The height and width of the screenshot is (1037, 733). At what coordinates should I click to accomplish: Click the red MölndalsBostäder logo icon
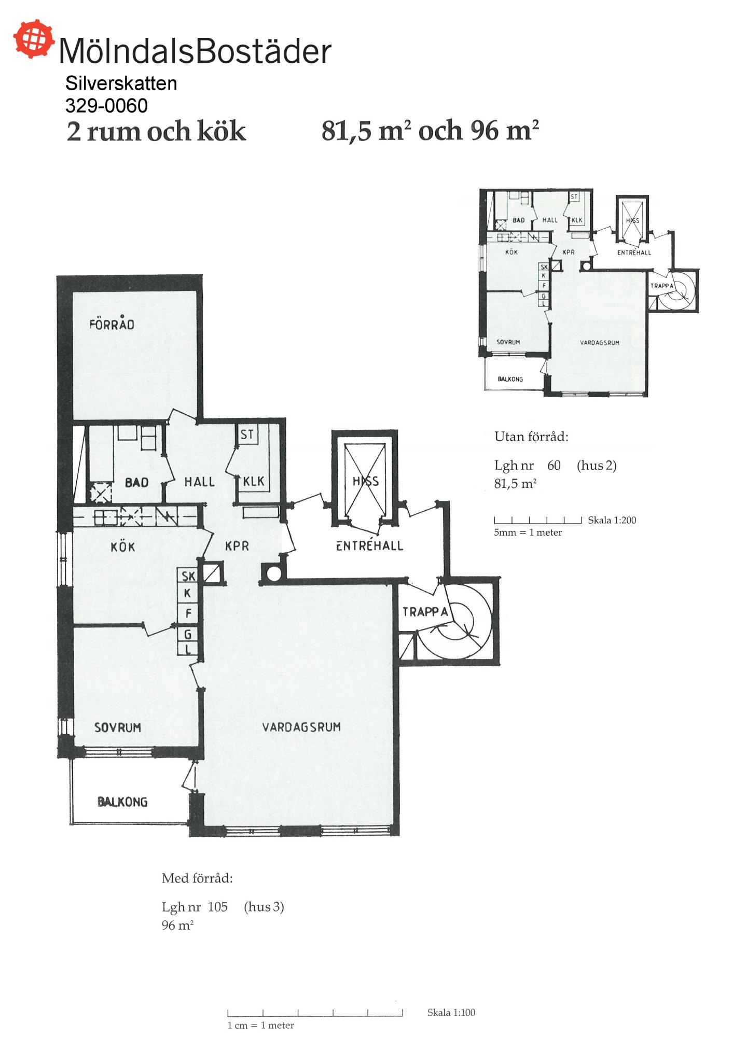pyautogui.click(x=34, y=38)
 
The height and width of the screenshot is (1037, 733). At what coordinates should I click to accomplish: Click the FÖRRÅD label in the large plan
pyautogui.click(x=112, y=324)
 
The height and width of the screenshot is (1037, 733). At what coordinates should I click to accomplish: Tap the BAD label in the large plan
pyautogui.click(x=136, y=483)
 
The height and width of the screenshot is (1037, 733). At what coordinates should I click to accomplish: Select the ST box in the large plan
pyautogui.click(x=247, y=434)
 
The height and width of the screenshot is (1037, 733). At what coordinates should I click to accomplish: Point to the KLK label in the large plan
pyautogui.click(x=254, y=482)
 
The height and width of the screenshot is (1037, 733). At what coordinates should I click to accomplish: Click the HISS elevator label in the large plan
pyautogui.click(x=366, y=481)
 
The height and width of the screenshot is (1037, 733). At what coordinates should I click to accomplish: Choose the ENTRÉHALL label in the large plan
pyautogui.click(x=369, y=545)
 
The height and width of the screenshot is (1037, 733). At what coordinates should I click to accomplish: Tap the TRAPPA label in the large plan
pyautogui.click(x=425, y=612)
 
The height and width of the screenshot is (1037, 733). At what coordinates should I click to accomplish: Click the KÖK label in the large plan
pyautogui.click(x=122, y=546)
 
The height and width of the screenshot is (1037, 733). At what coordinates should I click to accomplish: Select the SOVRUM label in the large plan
pyautogui.click(x=117, y=727)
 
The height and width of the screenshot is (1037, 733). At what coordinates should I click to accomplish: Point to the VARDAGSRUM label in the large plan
pyautogui.click(x=301, y=727)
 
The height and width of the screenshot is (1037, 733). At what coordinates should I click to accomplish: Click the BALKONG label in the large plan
pyautogui.click(x=122, y=802)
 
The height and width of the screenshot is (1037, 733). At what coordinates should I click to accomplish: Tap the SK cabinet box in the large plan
pyautogui.click(x=188, y=576)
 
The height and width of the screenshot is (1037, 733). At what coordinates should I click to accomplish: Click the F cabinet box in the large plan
pyautogui.click(x=188, y=614)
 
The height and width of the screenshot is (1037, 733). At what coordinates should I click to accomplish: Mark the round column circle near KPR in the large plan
pyautogui.click(x=273, y=573)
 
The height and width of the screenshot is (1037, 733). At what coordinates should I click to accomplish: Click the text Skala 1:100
pyautogui.click(x=451, y=1012)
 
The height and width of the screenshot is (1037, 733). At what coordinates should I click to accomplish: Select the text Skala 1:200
pyautogui.click(x=612, y=520)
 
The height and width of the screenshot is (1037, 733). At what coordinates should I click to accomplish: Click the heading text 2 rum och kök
pyautogui.click(x=156, y=131)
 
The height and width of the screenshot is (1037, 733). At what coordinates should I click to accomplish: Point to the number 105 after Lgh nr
pyautogui.click(x=218, y=907)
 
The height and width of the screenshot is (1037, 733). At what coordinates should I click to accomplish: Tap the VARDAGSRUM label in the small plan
pyautogui.click(x=599, y=343)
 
